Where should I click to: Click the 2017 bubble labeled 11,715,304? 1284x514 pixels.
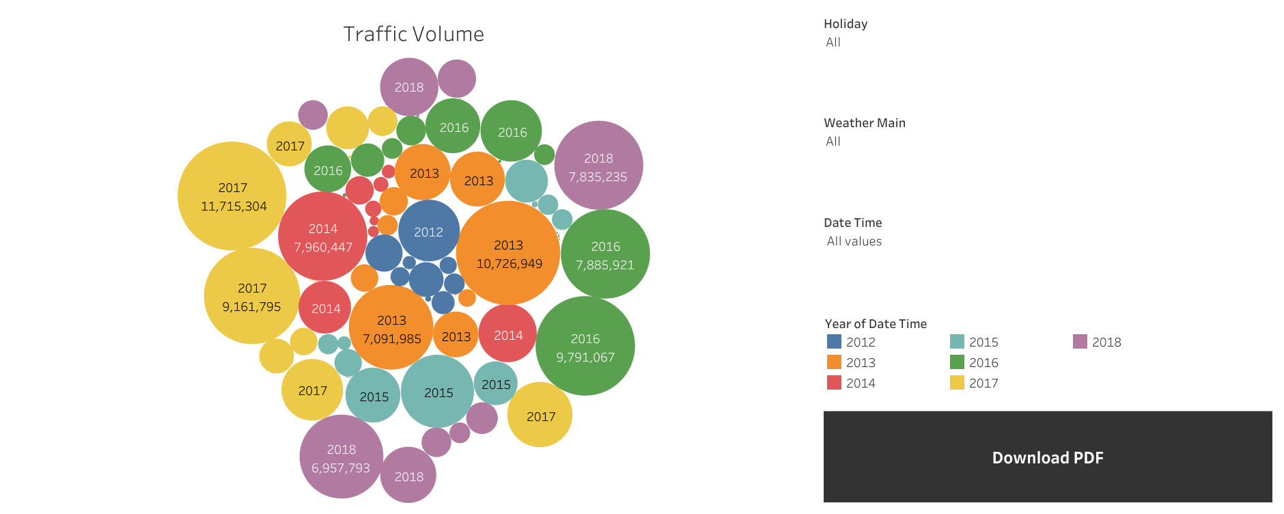(232, 196)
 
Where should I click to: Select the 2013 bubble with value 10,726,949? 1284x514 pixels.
(508, 254)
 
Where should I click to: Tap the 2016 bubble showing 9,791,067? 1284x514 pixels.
(585, 347)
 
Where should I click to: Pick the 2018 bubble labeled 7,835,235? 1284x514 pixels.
(598, 166)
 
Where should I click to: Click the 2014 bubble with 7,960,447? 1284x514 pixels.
(322, 236)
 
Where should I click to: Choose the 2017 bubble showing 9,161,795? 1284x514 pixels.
(251, 297)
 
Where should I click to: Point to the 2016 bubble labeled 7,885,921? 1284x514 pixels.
(605, 254)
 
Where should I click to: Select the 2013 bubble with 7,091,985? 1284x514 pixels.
(391, 328)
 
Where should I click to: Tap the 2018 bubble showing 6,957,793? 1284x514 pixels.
(341, 457)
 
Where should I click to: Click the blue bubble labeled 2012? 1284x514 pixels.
(428, 231)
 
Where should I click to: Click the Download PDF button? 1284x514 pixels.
(1047, 457)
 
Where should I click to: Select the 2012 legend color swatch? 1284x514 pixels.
(834, 342)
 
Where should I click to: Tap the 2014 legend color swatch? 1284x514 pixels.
(834, 383)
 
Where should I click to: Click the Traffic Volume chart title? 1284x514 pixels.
(413, 34)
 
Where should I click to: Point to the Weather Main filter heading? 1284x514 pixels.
(864, 123)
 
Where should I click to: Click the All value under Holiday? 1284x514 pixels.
(833, 42)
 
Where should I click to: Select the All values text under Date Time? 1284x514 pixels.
(854, 241)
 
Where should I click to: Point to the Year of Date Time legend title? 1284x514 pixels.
(875, 324)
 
